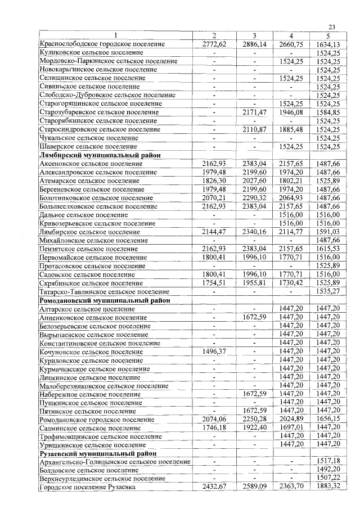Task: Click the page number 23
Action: [331, 27]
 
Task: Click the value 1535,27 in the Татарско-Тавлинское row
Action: [328, 292]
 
